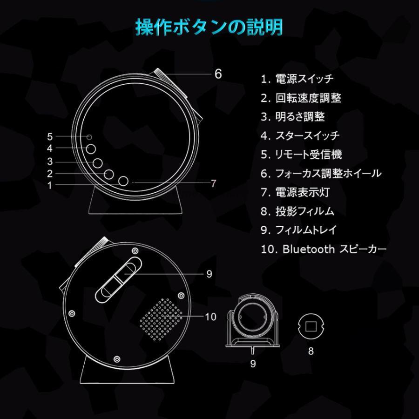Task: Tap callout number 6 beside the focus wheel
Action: click(218, 74)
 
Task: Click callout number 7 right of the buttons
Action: click(214, 183)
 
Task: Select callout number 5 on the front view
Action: click(50, 136)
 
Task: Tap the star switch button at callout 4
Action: click(91, 149)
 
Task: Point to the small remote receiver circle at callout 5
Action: click(88, 137)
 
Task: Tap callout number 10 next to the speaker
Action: click(210, 317)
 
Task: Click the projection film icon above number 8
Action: click(311, 326)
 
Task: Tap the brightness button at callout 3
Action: click(98, 162)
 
